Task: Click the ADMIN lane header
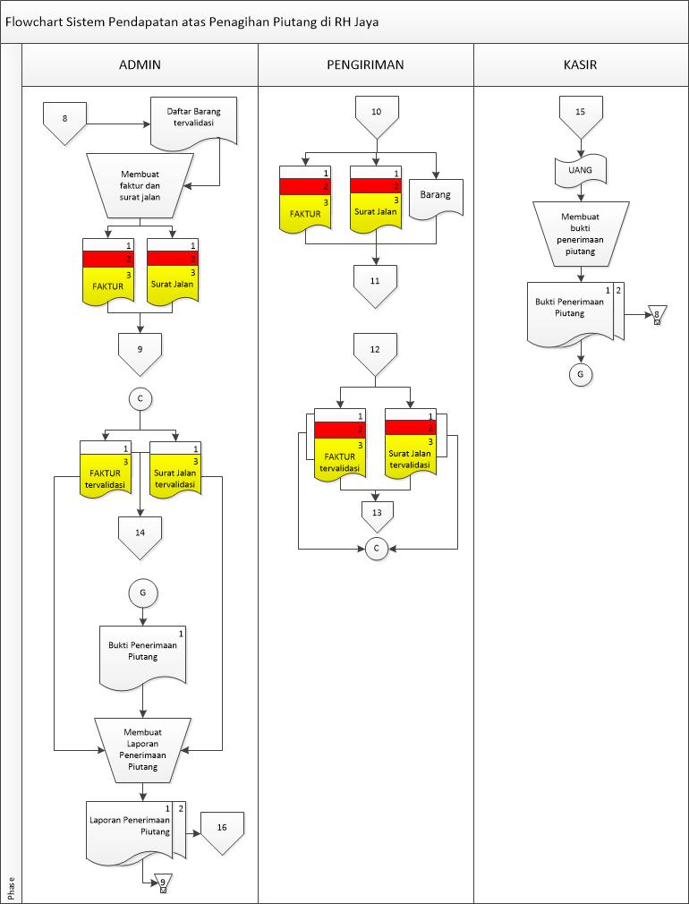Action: [140, 64]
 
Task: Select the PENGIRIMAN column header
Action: [365, 64]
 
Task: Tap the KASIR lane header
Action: [581, 64]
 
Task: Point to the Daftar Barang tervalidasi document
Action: [193, 120]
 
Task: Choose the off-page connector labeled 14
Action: [140, 534]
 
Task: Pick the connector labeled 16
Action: [222, 830]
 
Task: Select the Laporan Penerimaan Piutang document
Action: [132, 828]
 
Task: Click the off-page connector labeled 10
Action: [376, 116]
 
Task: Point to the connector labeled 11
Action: [376, 284]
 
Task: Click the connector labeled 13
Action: [376, 514]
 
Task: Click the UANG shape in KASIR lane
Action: [581, 171]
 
